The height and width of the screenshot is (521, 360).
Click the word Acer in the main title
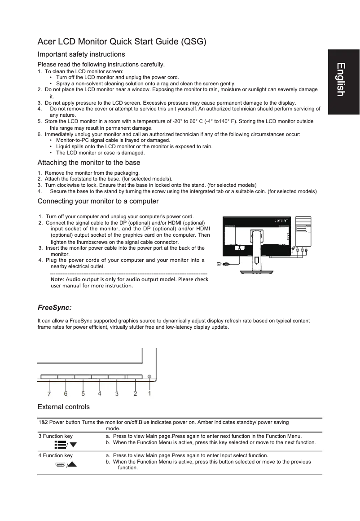47,42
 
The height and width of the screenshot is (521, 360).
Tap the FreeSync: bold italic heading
55,308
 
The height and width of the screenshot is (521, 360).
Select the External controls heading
63,407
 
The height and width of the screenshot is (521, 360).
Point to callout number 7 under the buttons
49,394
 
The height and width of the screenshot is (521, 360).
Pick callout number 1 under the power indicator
149,393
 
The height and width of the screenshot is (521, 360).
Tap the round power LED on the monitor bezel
149,376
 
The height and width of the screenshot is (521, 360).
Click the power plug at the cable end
226,264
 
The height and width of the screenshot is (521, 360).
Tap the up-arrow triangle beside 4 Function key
71,464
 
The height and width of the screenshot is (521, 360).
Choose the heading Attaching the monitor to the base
89,163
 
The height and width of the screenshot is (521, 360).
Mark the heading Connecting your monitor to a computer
98,201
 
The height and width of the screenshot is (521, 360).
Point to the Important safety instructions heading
81,54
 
